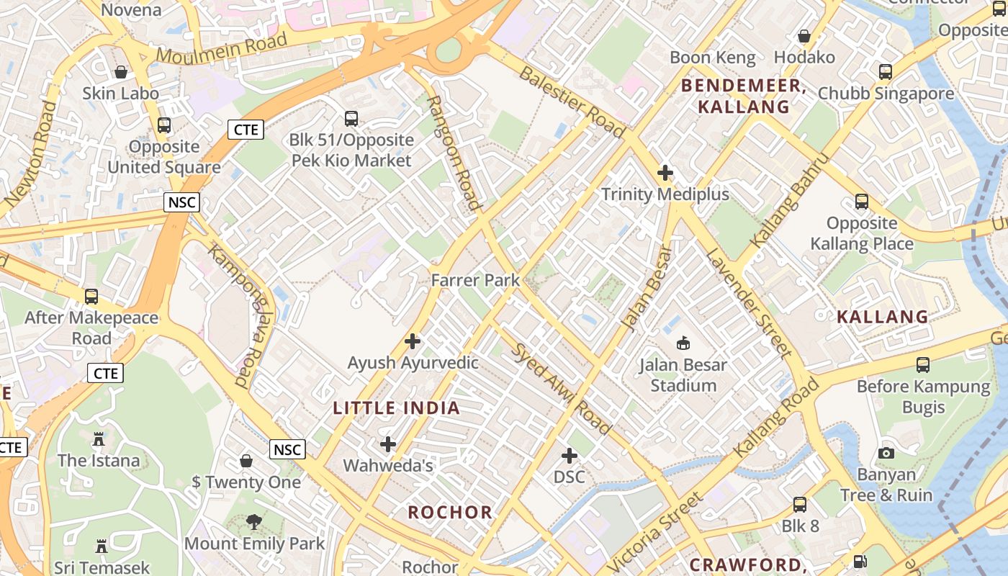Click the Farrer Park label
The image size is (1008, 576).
pos(475,280)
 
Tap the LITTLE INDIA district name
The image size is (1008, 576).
pos(396,408)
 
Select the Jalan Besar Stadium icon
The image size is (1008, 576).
pos(683,343)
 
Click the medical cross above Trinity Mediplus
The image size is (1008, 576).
pos(665,173)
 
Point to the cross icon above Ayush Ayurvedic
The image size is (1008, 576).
pos(413,341)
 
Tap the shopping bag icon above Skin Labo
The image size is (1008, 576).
pos(121,72)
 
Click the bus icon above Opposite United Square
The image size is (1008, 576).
pos(164,125)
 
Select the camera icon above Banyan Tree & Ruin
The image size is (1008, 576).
pos(886,453)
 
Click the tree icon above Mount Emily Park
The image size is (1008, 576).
pos(253,522)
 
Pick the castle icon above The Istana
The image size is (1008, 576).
pos(99,438)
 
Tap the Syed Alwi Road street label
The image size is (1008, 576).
pos(562,389)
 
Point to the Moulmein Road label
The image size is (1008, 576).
pos(222,48)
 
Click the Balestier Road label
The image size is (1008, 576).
pos(572,102)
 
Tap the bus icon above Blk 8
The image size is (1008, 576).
pos(800,505)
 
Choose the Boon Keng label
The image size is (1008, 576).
pos(713,58)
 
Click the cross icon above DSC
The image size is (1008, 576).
pos(570,456)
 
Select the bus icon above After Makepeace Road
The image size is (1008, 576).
pos(91,297)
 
